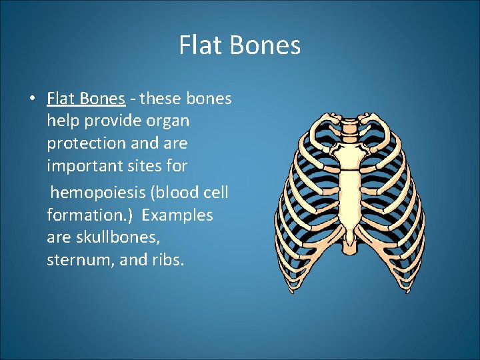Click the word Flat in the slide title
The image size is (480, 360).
click(x=197, y=46)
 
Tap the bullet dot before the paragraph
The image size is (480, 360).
click(x=32, y=99)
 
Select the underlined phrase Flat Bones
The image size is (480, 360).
click(x=86, y=99)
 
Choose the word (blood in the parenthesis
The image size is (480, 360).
click(x=173, y=193)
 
